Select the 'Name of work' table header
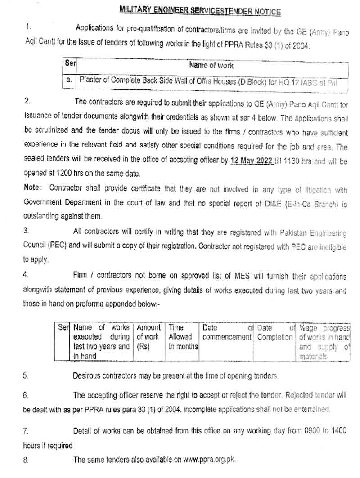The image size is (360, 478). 211,65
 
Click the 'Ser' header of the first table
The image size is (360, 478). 70,64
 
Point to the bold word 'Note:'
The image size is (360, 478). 32,187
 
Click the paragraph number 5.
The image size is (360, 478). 26,376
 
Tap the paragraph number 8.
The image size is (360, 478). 26,460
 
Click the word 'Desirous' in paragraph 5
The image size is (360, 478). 88,376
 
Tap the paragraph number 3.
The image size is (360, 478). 26,231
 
